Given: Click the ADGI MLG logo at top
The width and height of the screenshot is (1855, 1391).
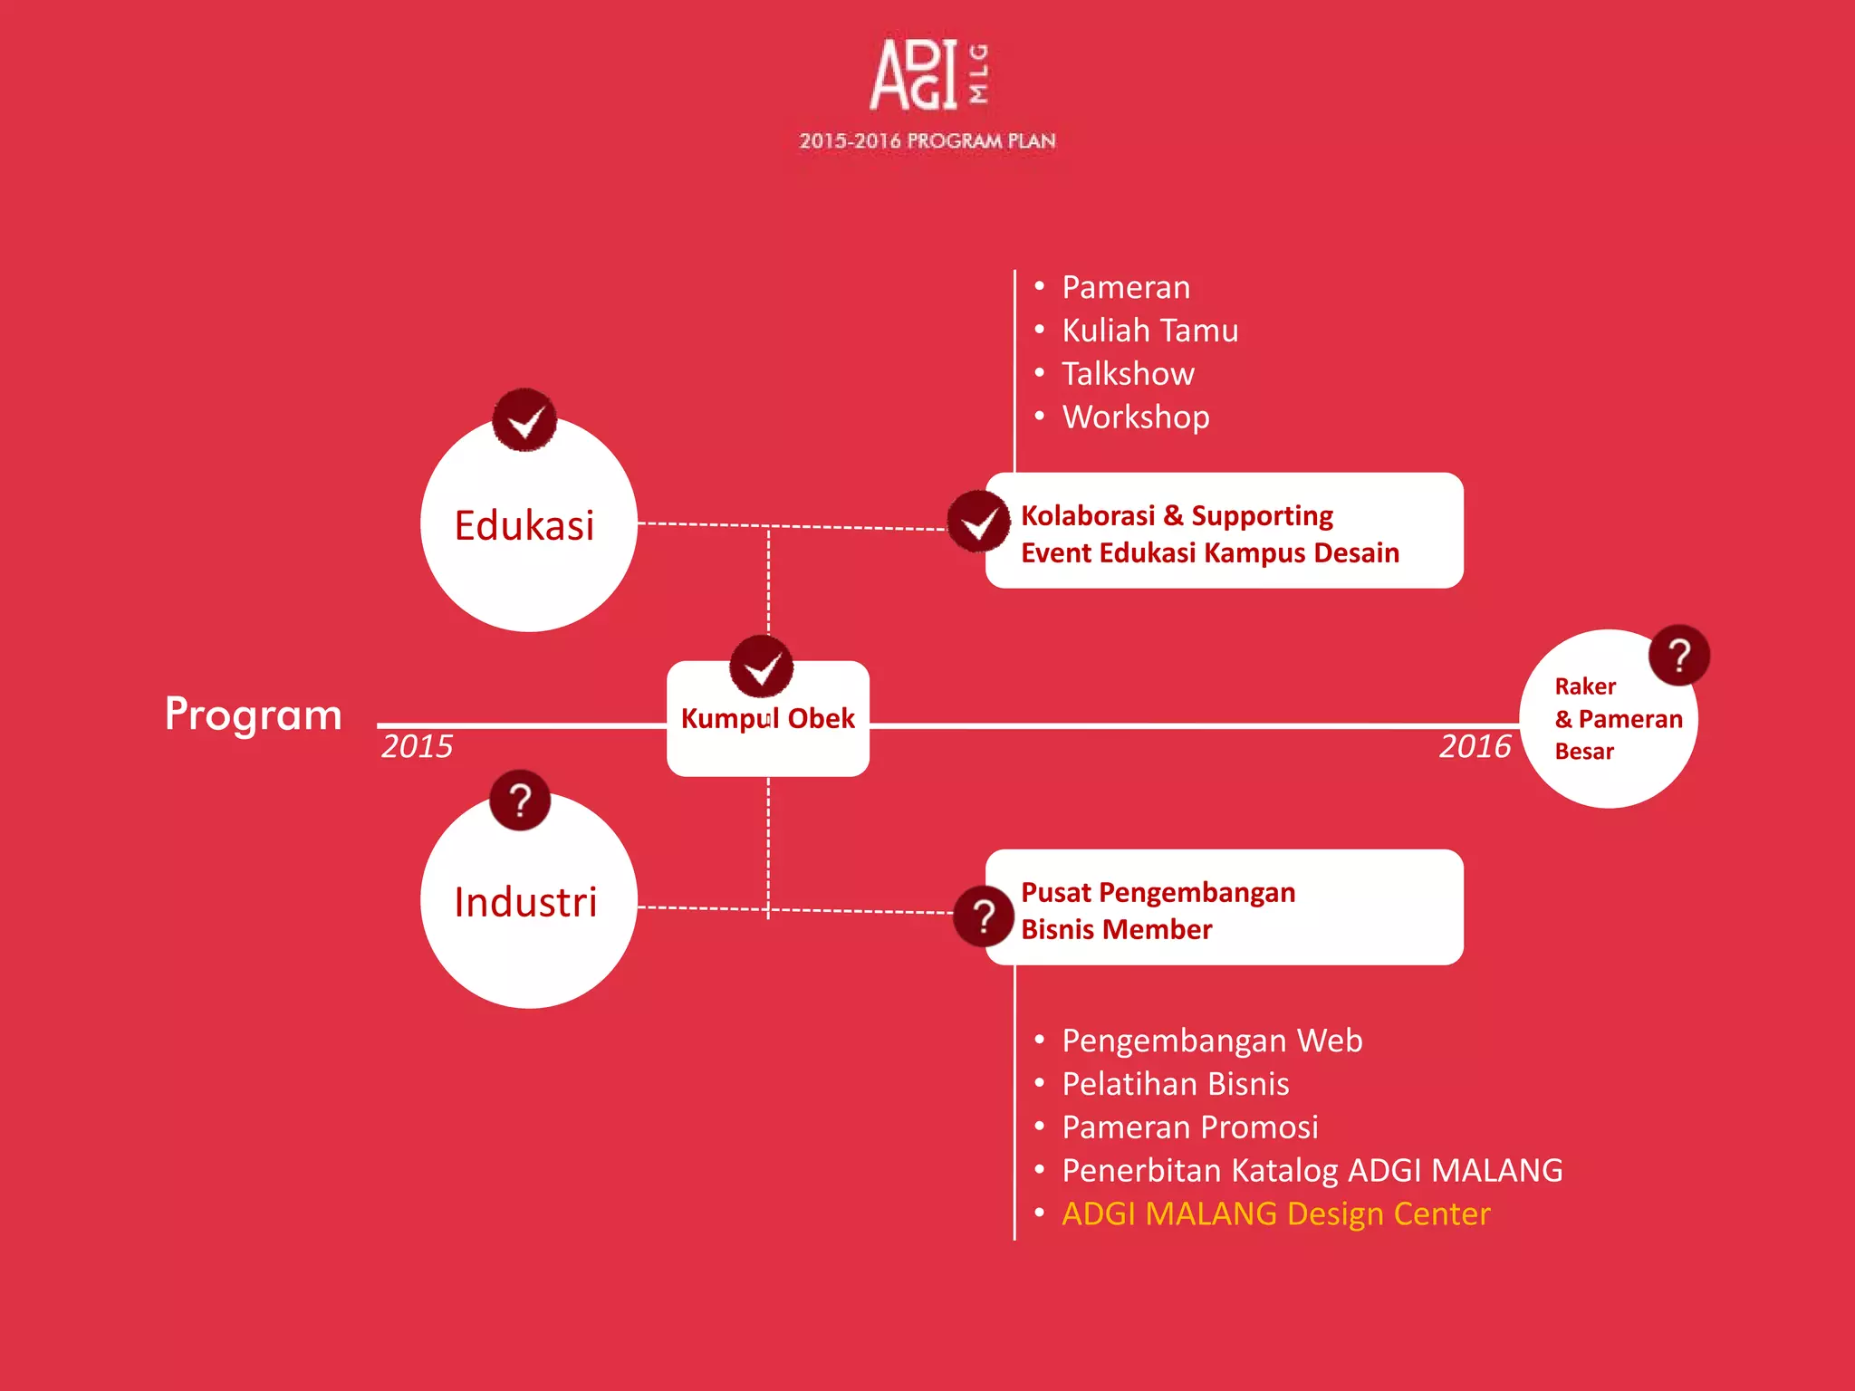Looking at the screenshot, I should point(927,74).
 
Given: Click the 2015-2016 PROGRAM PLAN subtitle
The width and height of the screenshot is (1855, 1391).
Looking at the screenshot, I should point(927,141).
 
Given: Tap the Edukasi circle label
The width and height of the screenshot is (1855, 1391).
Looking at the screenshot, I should point(524,526).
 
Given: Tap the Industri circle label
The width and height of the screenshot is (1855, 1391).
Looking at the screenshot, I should point(525,903).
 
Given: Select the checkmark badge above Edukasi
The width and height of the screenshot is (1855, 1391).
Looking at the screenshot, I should point(524,420).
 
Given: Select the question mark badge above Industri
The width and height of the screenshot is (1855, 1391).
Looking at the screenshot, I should point(520,801).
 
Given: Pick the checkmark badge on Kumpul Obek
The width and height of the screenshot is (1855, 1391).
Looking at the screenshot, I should point(762,667).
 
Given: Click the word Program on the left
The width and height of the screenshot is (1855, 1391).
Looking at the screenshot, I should point(254,715).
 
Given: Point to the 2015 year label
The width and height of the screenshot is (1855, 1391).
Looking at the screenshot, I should point(417,747).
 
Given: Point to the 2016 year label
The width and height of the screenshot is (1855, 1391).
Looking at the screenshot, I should point(1475,747).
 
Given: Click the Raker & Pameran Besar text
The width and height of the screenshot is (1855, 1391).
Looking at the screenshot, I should point(1618,719).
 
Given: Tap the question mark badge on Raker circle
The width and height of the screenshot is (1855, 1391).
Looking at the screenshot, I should point(1679,655).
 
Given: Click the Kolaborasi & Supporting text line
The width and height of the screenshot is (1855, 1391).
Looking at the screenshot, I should point(1177,515).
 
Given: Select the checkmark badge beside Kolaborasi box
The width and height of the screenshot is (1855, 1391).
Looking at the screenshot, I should point(979,522).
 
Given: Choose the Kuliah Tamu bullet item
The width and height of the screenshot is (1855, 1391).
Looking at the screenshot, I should point(1149,331).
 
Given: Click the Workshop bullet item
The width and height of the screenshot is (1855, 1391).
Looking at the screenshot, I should point(1136,417).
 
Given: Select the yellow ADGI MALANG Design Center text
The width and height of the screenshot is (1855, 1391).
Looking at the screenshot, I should point(1275,1214).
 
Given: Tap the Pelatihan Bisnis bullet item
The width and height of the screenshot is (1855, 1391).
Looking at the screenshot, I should point(1175,1084).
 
